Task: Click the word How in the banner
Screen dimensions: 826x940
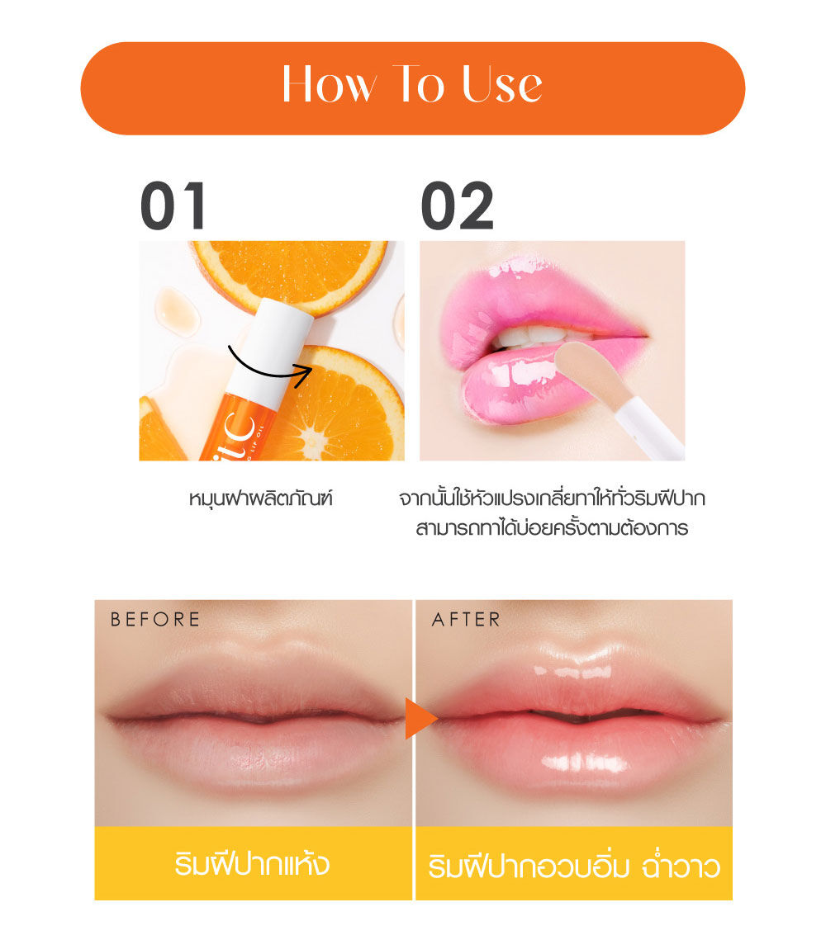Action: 330,84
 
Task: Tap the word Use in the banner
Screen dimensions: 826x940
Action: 503,84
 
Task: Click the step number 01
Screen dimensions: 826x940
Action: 173,205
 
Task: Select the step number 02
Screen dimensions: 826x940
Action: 457,205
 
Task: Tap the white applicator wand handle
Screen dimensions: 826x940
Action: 651,427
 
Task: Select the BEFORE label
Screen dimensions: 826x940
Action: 154,619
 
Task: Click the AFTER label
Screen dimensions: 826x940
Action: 466,619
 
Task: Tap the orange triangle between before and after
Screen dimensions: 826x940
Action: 420,718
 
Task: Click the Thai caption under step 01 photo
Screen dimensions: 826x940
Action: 260,498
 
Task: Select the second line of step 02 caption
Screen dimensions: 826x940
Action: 552,528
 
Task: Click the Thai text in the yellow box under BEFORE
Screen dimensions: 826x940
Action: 252,864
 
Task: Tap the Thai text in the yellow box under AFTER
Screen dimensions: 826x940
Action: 574,867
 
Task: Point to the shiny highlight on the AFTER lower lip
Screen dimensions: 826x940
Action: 585,763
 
